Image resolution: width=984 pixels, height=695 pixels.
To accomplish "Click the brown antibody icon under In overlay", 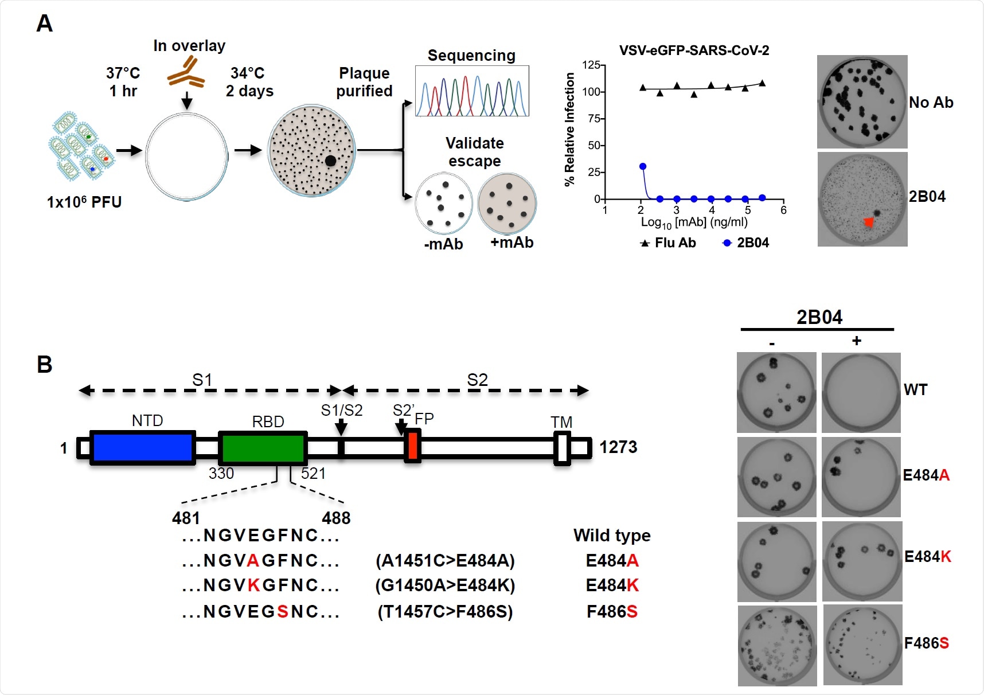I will click(186, 73).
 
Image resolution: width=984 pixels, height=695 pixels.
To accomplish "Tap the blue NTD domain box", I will click(143, 448).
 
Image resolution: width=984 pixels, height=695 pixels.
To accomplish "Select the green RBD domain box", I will click(263, 448).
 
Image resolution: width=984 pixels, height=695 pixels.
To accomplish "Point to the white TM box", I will click(562, 448).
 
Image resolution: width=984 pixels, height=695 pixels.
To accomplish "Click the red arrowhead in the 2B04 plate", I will click(869, 222).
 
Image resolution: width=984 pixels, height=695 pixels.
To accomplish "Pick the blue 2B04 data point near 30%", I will click(643, 166).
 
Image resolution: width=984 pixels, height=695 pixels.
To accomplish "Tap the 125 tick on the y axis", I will click(591, 65).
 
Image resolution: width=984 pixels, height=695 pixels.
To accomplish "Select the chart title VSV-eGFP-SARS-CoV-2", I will click(694, 50).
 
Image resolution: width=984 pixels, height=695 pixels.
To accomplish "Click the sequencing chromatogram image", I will click(471, 91).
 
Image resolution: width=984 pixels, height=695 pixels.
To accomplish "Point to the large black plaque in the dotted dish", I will click(330, 161).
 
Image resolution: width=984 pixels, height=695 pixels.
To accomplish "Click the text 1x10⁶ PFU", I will click(84, 202).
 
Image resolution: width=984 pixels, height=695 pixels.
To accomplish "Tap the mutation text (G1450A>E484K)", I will click(445, 585).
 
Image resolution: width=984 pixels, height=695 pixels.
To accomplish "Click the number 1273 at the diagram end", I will click(618, 447).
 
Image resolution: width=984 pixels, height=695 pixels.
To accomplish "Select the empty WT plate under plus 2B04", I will click(860, 393).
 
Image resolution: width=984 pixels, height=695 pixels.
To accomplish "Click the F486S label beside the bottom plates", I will click(926, 643).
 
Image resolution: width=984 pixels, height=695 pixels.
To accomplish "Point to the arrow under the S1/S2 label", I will click(341, 428).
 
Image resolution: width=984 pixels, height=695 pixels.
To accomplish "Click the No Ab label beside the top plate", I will click(931, 103).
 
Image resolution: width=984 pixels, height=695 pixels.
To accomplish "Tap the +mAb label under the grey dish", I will click(511, 243).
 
